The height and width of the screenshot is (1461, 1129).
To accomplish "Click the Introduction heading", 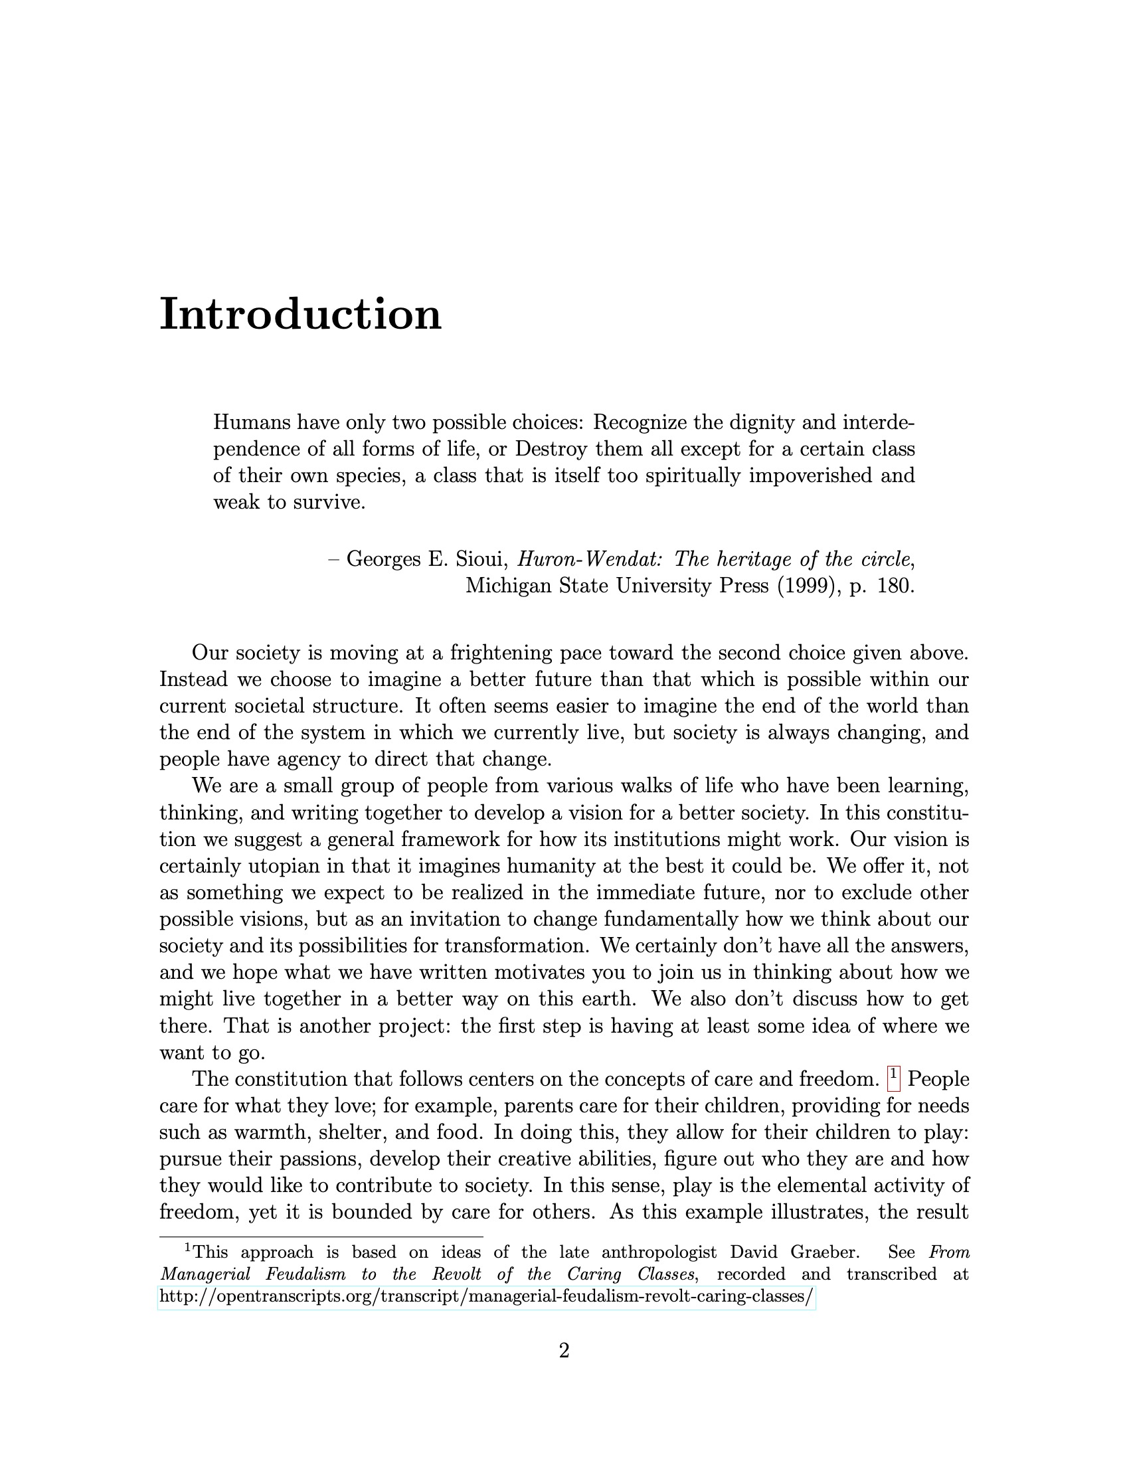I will (300, 313).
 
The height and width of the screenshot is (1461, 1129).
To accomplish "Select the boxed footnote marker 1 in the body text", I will (893, 1078).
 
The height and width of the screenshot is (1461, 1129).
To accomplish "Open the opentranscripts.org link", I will (486, 1297).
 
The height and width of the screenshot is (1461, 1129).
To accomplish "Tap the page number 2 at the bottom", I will (564, 1351).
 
